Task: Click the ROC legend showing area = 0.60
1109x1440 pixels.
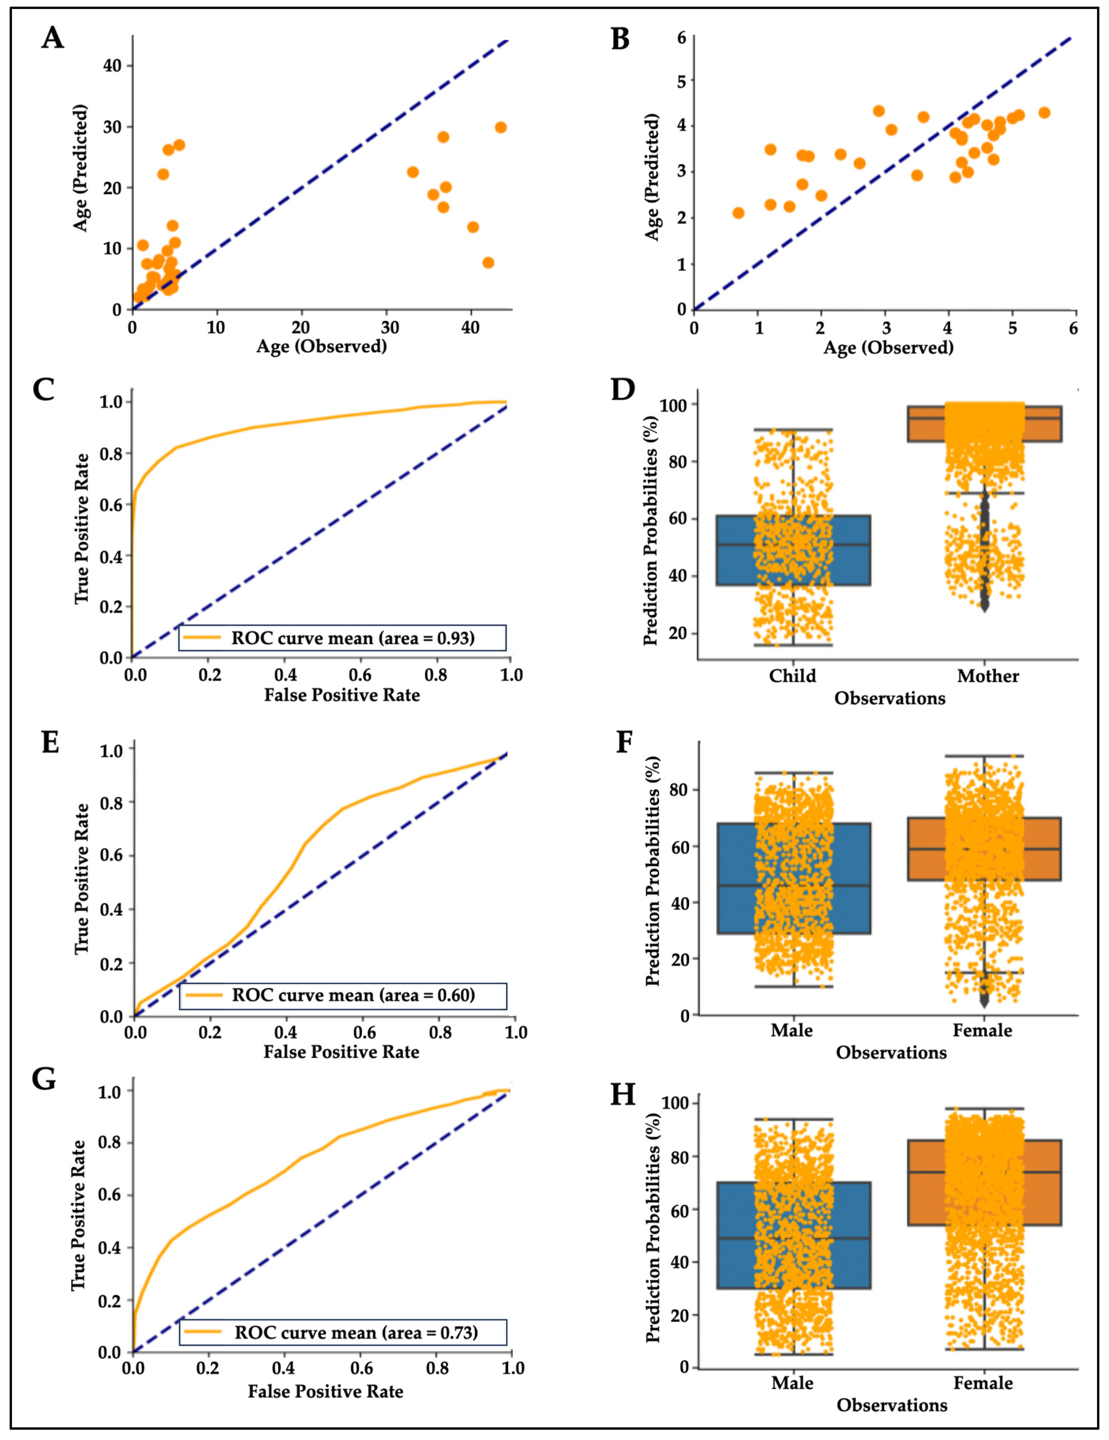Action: [x=342, y=995]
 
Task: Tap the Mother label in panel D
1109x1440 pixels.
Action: [x=988, y=676]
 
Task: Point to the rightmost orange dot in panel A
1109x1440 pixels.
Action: [x=500, y=127]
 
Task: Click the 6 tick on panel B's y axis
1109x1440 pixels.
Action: [x=681, y=38]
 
